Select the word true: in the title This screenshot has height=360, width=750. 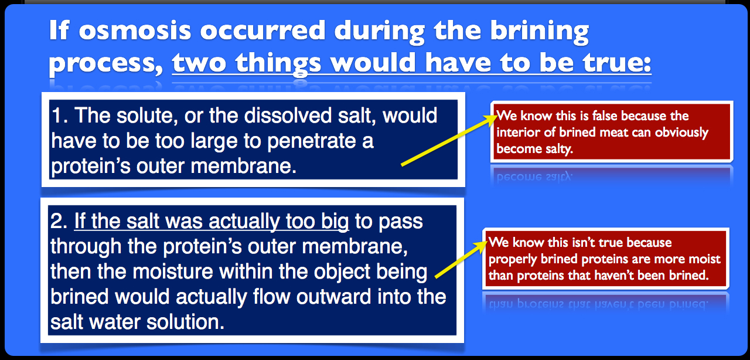617,62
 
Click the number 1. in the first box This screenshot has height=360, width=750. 60,116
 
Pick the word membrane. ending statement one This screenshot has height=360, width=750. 243,166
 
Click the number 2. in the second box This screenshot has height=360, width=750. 59,221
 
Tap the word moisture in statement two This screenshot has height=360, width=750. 172,271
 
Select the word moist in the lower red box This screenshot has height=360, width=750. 705,259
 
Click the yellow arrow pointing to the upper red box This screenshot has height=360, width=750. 449,140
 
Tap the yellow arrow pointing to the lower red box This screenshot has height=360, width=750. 461,259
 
